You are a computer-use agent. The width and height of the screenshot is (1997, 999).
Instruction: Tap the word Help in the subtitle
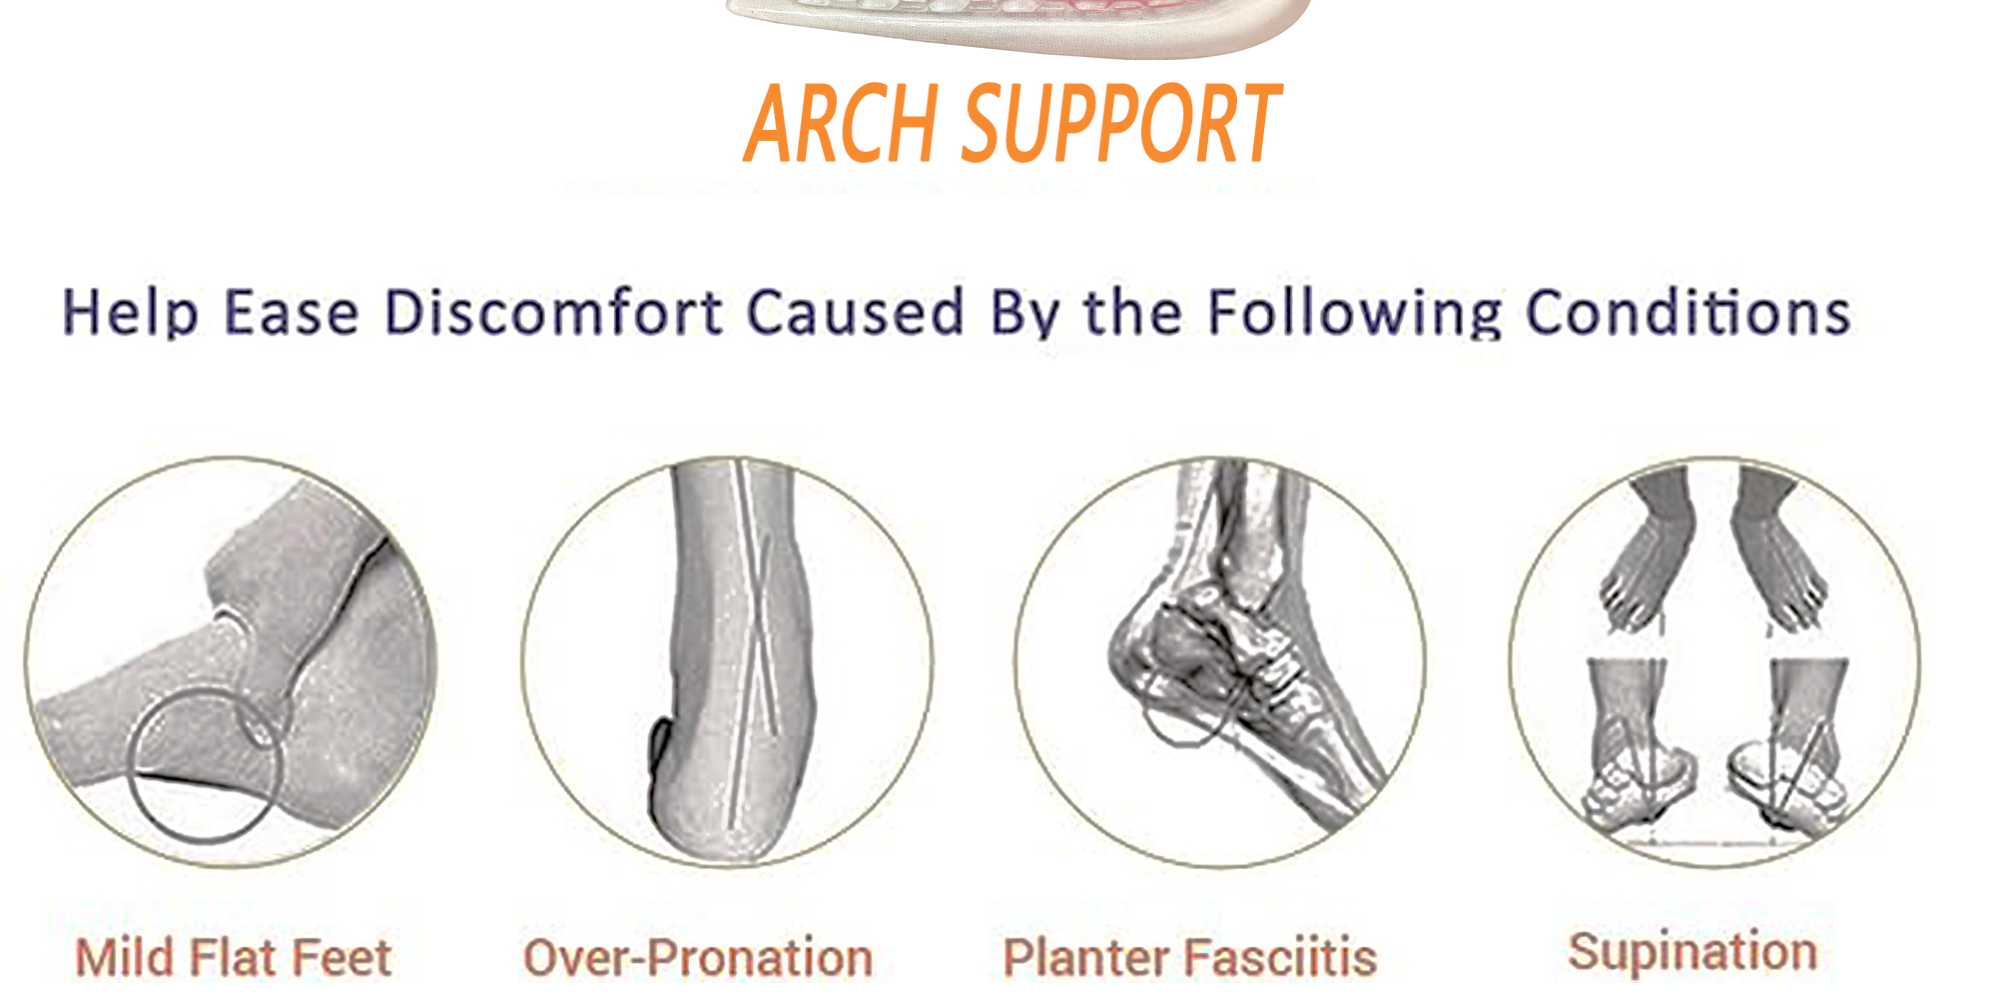point(131,313)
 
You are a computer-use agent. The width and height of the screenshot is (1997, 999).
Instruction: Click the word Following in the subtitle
point(1354,313)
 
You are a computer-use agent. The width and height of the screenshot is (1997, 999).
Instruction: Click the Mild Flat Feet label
point(234,957)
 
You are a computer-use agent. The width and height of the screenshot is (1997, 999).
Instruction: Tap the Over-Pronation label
point(698,957)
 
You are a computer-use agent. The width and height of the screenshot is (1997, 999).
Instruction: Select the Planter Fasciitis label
point(1190,957)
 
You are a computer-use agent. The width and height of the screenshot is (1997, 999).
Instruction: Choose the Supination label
point(1692,951)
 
